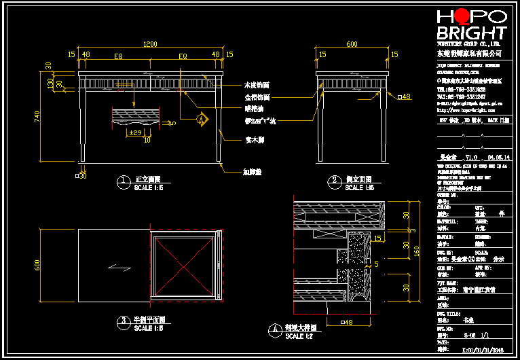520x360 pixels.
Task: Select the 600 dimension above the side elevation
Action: coord(352,43)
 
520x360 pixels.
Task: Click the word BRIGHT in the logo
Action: coord(472,34)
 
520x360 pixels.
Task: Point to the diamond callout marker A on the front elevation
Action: coord(201,118)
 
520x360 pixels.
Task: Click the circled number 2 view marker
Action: coord(334,181)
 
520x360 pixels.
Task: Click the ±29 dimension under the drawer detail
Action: coord(134,132)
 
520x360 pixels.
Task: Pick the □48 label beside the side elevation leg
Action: coord(405,97)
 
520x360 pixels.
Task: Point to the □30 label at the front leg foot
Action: coord(81,176)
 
